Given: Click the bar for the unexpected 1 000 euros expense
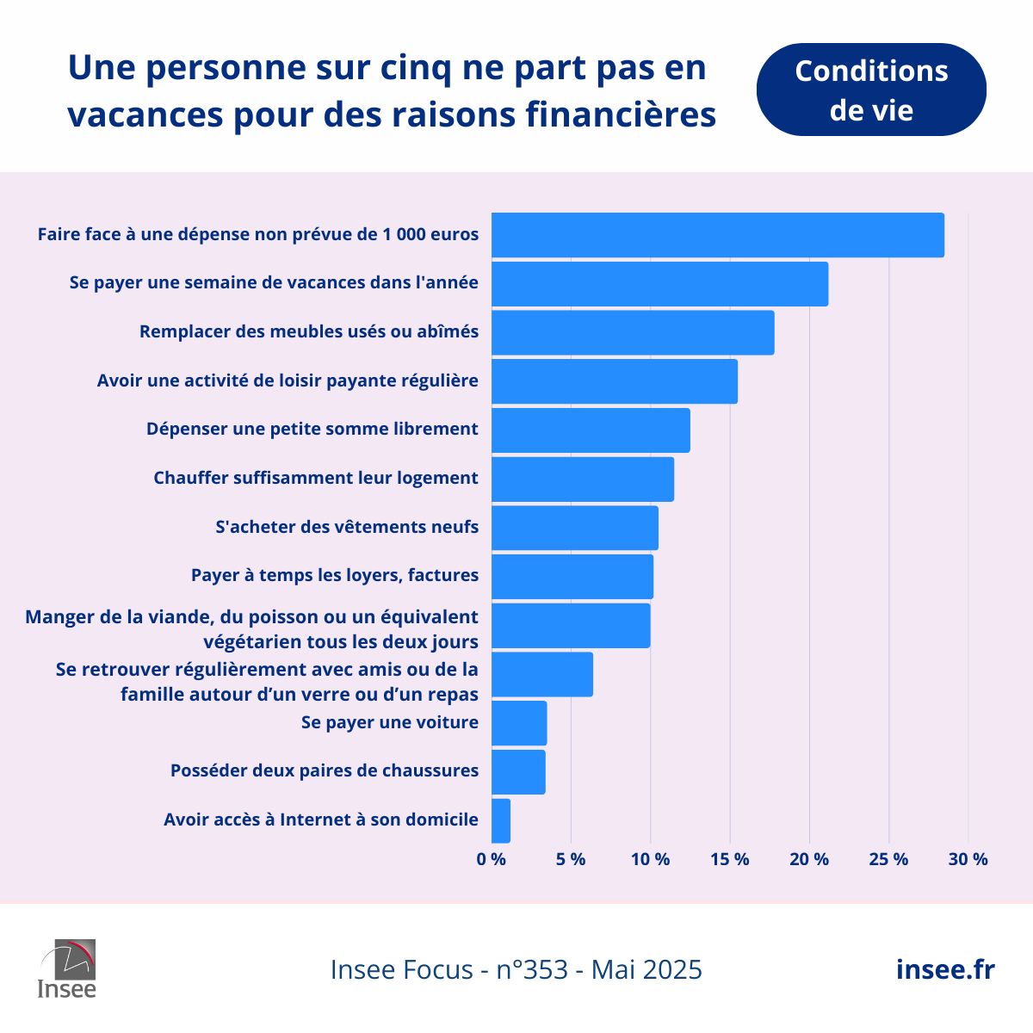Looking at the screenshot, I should point(717,235).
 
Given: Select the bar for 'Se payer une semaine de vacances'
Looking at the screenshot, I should point(659,284).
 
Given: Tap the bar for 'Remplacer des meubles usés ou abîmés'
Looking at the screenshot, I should point(633,332).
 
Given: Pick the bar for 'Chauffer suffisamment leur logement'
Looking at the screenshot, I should point(583,479).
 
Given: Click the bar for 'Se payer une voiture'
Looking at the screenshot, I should point(519,723).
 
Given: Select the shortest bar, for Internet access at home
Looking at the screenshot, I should point(501,821).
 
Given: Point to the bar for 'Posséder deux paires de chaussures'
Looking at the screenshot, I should point(518,772).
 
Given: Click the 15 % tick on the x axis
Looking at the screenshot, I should point(730,859).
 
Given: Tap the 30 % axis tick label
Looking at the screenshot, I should point(968,859).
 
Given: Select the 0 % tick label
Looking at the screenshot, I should point(492,859).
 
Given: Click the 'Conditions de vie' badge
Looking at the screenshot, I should point(871,90).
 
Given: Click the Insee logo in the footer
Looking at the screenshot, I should point(67,968).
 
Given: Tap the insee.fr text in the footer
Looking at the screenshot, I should point(945,969).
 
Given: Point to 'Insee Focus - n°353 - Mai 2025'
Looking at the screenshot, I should point(516,969).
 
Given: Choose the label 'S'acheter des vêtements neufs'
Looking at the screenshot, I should point(347,527).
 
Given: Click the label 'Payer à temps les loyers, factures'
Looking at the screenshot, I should point(335,575).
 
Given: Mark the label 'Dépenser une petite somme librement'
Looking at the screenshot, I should point(312,429).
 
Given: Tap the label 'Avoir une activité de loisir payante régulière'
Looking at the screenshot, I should point(288,380).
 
